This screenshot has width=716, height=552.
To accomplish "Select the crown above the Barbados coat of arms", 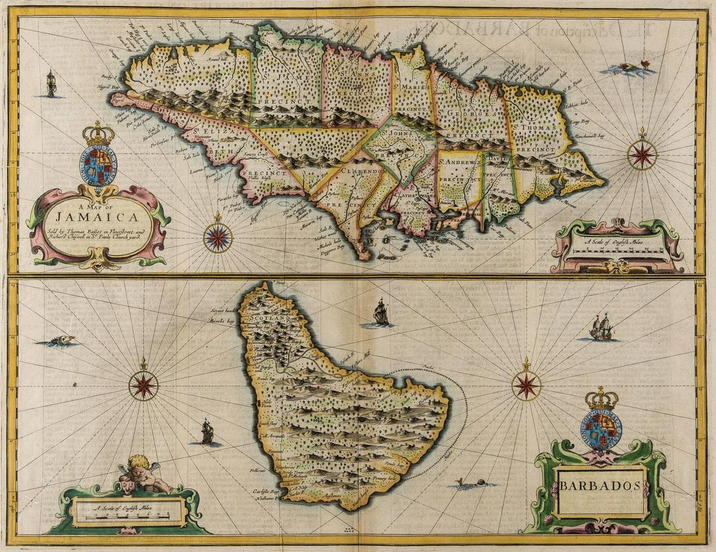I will pos(601,398).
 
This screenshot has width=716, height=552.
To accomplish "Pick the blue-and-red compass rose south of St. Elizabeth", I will pos(217,237).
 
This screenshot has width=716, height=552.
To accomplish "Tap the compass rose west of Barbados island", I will pos(143,384).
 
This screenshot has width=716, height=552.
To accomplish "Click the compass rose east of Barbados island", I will pos(526,384).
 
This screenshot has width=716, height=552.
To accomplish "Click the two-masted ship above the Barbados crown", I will pos(601,327).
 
